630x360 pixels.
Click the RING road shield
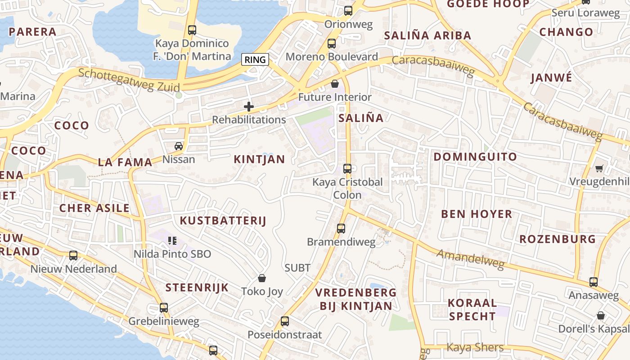click(255, 59)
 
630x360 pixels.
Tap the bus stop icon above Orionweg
click(348, 11)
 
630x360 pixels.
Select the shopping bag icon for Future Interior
click(335, 84)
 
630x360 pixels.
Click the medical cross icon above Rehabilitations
click(248, 107)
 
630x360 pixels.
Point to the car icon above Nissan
click(179, 146)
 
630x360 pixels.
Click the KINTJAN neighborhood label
click(259, 159)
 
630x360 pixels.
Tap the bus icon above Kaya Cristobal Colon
click(347, 169)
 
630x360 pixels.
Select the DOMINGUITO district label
click(475, 157)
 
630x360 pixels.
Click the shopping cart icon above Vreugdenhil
click(599, 168)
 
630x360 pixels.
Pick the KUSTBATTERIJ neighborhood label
click(223, 220)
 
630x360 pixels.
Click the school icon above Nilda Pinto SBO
click(172, 241)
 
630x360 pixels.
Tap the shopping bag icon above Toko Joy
click(262, 279)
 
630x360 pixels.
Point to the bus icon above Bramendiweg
click(341, 229)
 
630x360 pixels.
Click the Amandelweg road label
click(470, 260)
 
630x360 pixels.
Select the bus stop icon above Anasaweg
click(594, 282)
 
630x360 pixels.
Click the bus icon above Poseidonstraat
click(285, 321)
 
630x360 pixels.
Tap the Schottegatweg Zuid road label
click(129, 80)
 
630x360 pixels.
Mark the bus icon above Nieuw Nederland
click(73, 256)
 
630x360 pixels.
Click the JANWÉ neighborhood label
click(551, 78)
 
